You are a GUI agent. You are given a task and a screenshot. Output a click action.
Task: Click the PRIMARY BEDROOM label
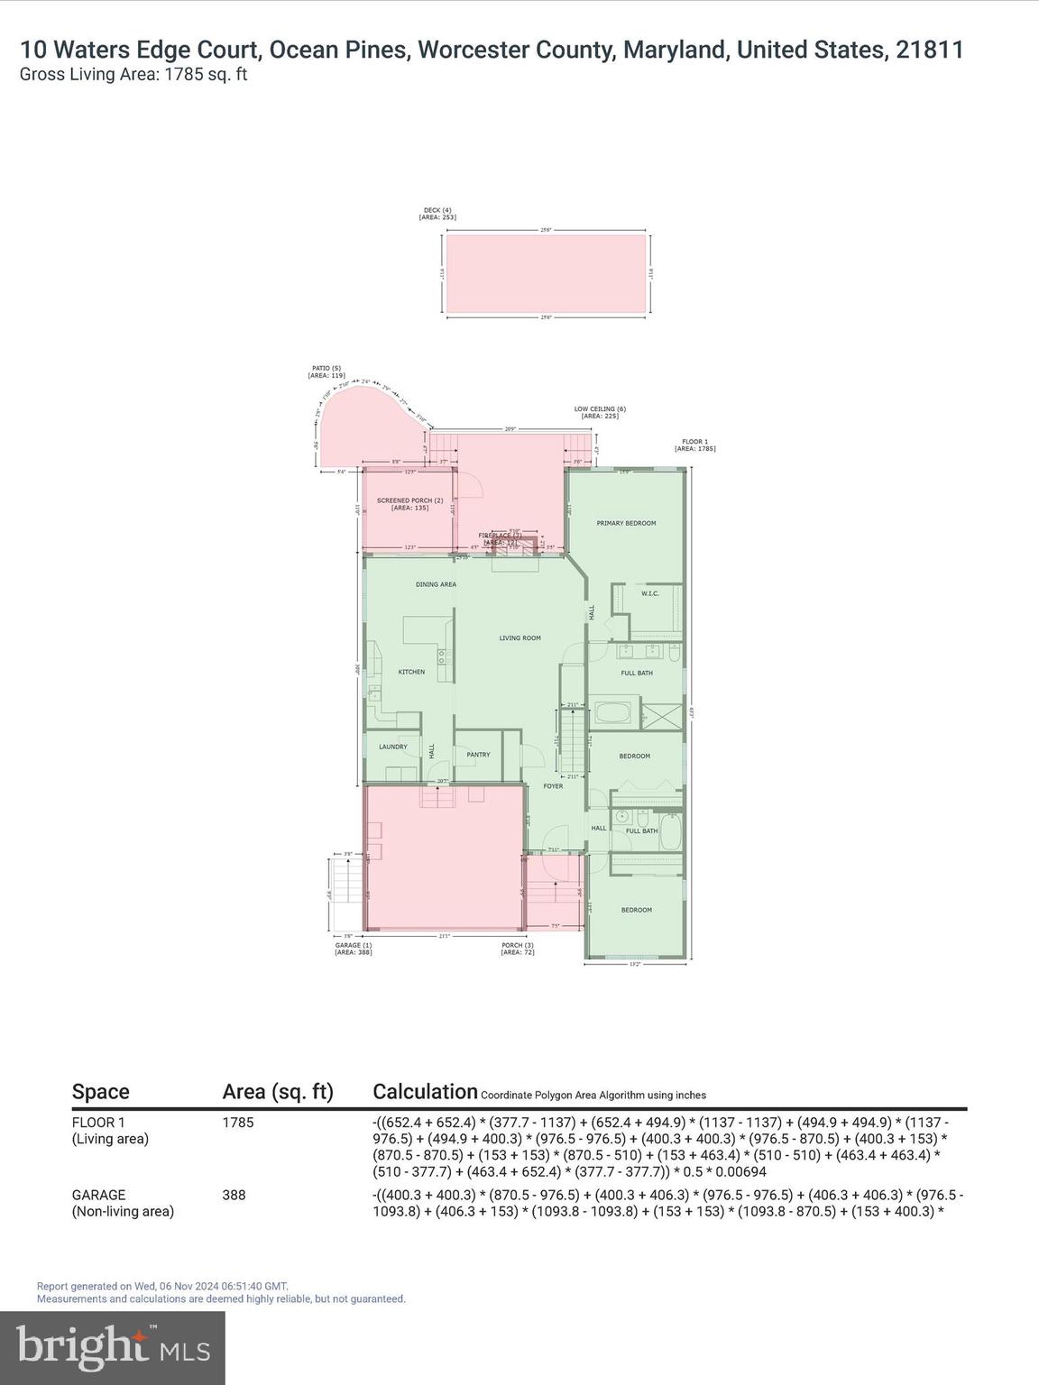point(626,523)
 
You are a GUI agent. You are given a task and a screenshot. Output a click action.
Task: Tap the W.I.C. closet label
point(649,593)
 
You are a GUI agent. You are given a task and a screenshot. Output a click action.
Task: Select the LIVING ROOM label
point(520,638)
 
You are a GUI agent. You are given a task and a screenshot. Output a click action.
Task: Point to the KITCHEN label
point(411,672)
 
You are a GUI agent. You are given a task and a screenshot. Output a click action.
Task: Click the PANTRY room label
point(478,755)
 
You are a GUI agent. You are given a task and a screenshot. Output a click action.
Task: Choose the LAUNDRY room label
point(392,747)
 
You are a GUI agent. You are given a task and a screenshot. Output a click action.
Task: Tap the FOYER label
point(553,786)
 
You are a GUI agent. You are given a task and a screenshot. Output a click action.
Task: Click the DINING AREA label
point(436,584)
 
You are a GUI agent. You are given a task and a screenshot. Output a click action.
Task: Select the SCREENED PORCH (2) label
point(409,504)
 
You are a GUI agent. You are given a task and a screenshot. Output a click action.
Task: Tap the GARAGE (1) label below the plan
point(353,949)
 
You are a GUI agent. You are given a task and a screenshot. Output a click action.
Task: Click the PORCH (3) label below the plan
point(518,949)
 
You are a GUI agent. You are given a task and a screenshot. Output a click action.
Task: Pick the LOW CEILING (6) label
point(600,412)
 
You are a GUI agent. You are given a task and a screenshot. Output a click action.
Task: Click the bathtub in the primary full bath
point(612,715)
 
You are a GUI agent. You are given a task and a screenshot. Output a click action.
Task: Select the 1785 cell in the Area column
point(238,1123)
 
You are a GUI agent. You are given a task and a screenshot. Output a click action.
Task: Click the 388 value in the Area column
point(234,1195)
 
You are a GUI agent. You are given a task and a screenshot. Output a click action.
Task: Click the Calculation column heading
point(425,1092)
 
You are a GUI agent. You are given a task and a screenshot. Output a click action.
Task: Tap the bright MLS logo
point(113,1347)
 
